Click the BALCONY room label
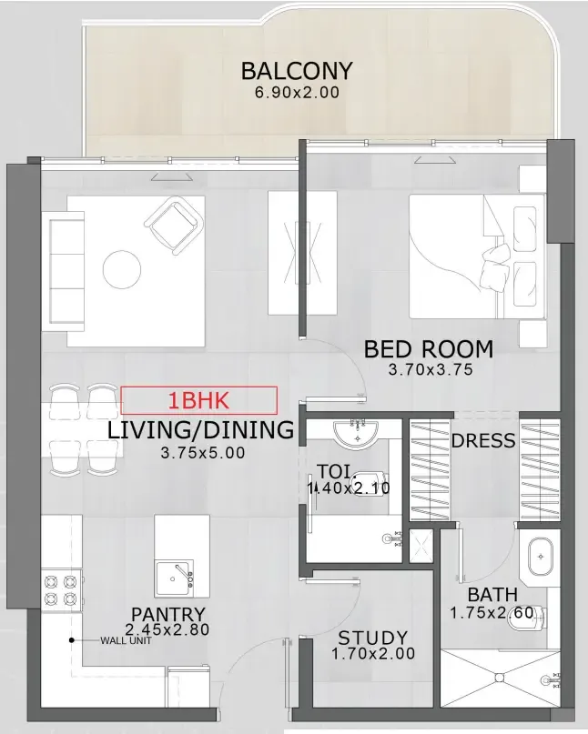(296, 71)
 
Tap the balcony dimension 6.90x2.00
(296, 93)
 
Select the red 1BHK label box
(198, 400)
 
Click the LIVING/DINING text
(200, 430)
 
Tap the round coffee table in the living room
(122, 269)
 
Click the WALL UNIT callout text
(125, 640)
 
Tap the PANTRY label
(167, 615)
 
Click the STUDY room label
(373, 638)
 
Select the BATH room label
(492, 596)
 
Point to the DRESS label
(483, 441)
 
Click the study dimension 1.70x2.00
(373, 654)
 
